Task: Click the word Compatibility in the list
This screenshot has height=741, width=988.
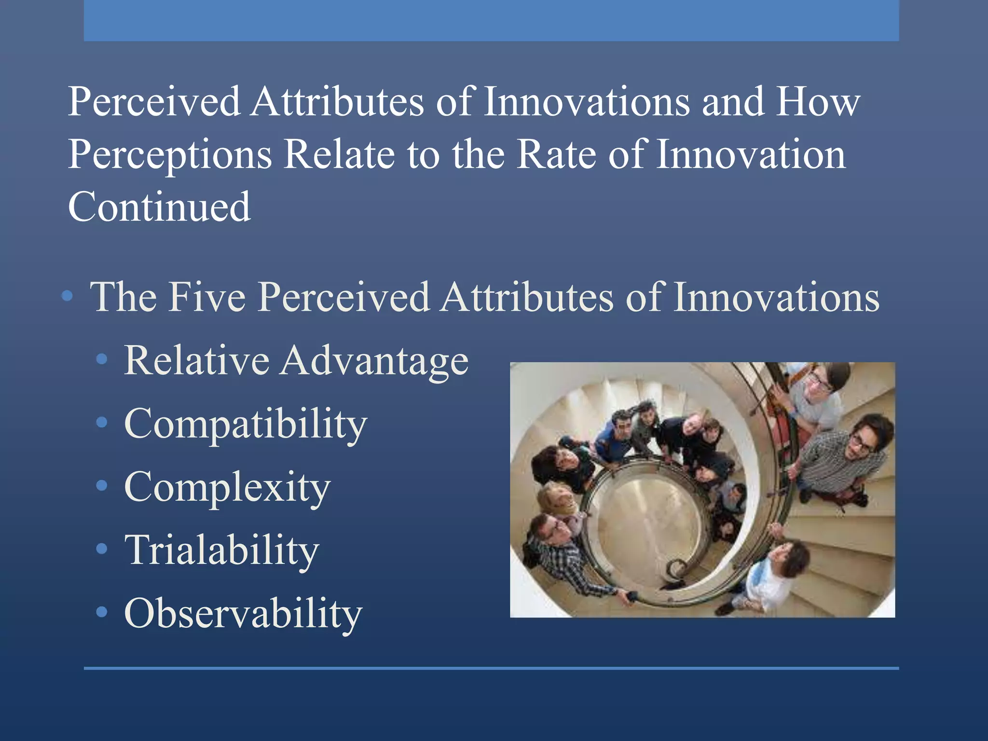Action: [x=246, y=425]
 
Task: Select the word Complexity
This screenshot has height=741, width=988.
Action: [x=227, y=488]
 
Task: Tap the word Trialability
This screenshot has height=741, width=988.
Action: [x=221, y=550]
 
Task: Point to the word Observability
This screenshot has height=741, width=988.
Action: [x=243, y=614]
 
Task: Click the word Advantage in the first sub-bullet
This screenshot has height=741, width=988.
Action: [x=374, y=361]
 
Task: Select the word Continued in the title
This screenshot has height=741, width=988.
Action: [x=159, y=207]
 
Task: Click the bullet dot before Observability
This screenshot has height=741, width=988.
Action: [x=101, y=612]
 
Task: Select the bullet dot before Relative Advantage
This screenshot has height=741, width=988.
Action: [x=101, y=359]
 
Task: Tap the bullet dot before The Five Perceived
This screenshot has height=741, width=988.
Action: [x=68, y=296]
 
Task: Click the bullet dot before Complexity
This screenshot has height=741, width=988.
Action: [x=101, y=485]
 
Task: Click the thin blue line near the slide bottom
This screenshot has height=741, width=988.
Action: [x=491, y=668]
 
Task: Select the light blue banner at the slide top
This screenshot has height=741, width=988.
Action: [x=491, y=20]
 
